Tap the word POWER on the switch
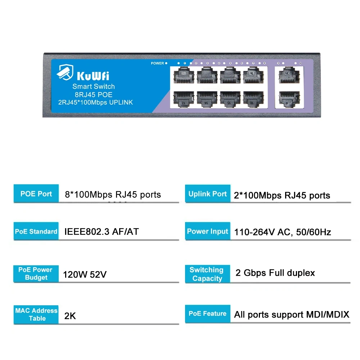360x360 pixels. click(157, 63)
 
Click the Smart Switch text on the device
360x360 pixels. click(94, 86)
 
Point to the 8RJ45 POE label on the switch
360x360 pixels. click(94, 95)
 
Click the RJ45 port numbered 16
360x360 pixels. click(253, 98)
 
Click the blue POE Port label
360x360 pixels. click(36, 194)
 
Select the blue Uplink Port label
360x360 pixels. click(207, 194)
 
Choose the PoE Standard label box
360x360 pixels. click(36, 231)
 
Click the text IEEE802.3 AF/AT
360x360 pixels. click(101, 231)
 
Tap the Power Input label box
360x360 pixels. click(207, 231)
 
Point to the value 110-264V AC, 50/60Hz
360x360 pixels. click(283, 232)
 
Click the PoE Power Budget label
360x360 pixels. click(36, 274)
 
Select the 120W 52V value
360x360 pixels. click(85, 275)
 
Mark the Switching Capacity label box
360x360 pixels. click(207, 274)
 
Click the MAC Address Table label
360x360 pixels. click(36, 314)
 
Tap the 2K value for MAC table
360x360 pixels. click(70, 316)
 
